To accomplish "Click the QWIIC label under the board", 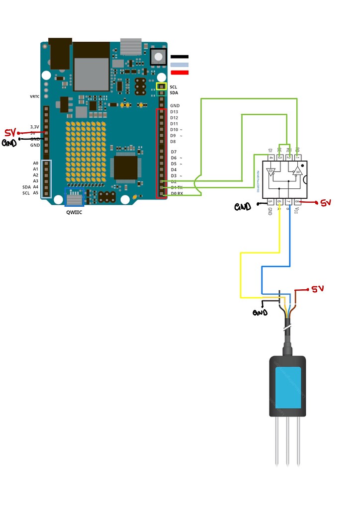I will tap(75, 212).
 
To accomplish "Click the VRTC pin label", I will tap(34, 96).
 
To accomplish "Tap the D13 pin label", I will tap(174, 112).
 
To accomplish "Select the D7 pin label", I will tap(174, 152).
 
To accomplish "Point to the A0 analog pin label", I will tap(35, 163).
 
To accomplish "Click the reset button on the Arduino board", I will tap(158, 57).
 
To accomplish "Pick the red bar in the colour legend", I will tap(180, 73).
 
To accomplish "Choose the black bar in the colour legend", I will tap(180, 57).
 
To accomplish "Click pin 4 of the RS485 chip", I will tap(271, 157).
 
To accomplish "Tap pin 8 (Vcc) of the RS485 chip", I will tap(298, 202).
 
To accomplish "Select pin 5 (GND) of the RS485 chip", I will tap(270, 202).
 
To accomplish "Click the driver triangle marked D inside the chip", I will tap(271, 172).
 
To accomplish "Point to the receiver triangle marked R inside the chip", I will tap(297, 171).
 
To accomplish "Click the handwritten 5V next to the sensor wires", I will tap(317, 289).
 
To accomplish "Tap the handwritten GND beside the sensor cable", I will tap(260, 313).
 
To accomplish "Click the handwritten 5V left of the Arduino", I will tap(10, 133).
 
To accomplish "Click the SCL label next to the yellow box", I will tap(173, 86).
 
